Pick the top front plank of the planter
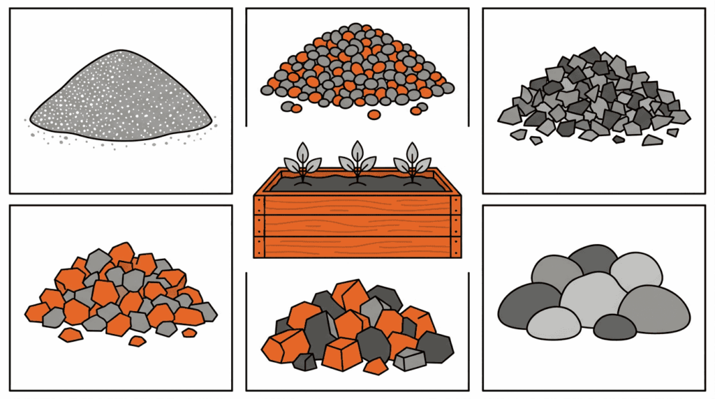tap(357, 204)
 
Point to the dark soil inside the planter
tap(328, 184)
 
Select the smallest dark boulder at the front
tap(614, 326)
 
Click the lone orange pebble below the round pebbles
tap(374, 114)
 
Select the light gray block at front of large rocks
tap(409, 359)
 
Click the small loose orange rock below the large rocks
tap(376, 366)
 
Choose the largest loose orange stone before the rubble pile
tap(70, 335)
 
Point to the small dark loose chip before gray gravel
tap(619, 140)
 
